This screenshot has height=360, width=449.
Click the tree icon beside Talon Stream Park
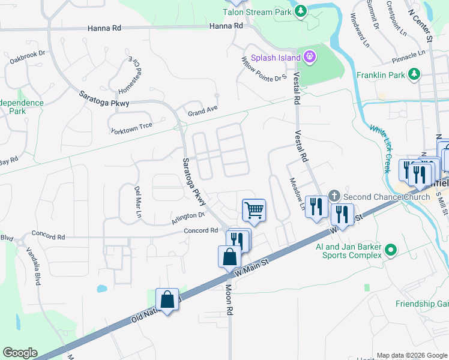[301, 11]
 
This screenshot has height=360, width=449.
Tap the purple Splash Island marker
[310, 58]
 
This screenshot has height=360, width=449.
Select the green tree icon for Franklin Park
[414, 74]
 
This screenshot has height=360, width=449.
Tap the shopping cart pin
[254, 211]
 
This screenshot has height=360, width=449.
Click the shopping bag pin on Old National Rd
[167, 299]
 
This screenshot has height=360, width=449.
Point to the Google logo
[20, 353]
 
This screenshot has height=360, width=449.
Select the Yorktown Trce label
[131, 128]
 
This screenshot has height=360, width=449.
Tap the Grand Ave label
[202, 111]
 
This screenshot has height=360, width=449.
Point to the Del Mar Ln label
[137, 202]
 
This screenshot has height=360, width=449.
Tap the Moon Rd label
[229, 299]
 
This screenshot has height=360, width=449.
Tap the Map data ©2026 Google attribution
[412, 355]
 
